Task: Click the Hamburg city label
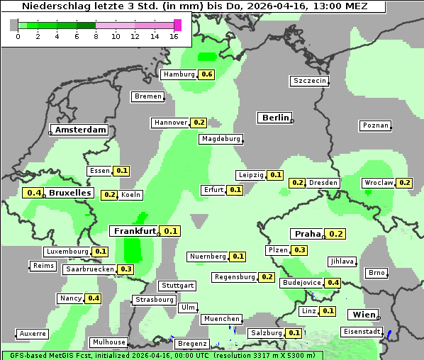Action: coord(178,74)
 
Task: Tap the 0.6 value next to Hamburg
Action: coord(206,74)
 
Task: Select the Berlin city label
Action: coord(276,118)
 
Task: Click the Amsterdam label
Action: coord(80,130)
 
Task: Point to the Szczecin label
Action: coord(310,81)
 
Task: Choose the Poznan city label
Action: coord(375,125)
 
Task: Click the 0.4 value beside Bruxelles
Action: coord(33,193)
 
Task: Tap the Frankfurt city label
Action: coord(134,231)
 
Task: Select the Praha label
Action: coord(308,234)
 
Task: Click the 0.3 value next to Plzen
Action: coord(300,250)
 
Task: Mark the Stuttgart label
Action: coord(177,286)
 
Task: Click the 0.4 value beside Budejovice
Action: coord(333,283)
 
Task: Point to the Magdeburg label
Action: coord(221,139)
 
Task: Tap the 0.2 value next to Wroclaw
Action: coord(404,183)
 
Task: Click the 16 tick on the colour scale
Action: coord(174,36)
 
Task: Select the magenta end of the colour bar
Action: coord(177,25)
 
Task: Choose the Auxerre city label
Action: coord(33,333)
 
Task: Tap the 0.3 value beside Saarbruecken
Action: coord(126,269)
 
